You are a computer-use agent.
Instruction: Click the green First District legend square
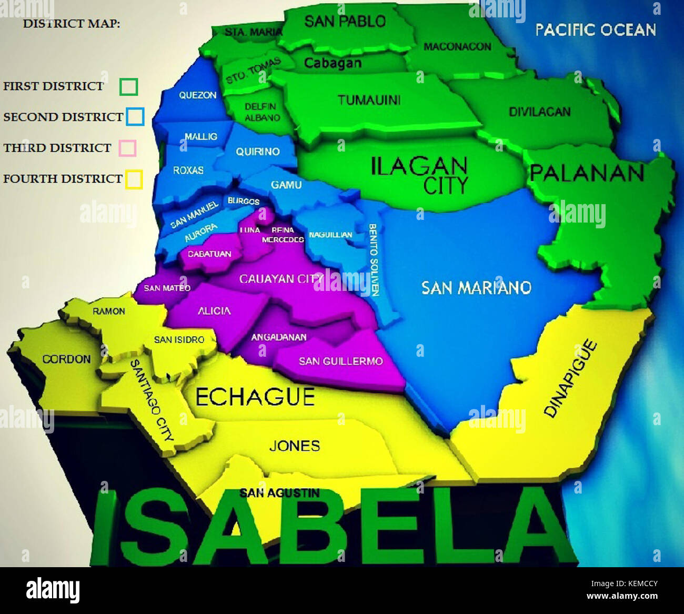pos(129,87)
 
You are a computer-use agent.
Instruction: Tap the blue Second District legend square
pos(135,117)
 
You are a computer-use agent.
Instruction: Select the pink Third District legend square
pos(128,148)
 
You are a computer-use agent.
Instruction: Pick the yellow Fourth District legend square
pos(134,179)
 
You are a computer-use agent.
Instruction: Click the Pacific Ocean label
pos(596,30)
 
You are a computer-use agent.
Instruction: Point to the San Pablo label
pos(345,22)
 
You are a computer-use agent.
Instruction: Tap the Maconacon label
pos(457,47)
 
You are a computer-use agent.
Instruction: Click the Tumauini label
pos(369,99)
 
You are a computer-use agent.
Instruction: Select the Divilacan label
pos(539,112)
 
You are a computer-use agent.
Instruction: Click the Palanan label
pos(587,173)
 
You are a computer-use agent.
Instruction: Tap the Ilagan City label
pos(419,175)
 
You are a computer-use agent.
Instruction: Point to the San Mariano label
pos(476,287)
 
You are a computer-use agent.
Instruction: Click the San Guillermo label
pos(340,361)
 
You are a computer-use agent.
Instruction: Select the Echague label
pos(255,397)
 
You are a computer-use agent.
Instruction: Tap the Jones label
pos(295,446)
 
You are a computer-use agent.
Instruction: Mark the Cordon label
pos(66,359)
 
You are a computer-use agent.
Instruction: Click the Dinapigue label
pos(570,379)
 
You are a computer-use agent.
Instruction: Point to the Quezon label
pos(198,95)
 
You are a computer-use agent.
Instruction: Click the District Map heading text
pos(72,24)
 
